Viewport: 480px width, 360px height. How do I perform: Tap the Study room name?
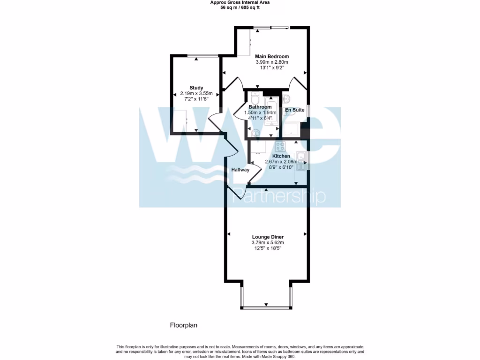coord(196,88)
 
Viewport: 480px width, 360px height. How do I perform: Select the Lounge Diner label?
coord(267,237)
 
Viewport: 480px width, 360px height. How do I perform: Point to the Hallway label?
coord(240,170)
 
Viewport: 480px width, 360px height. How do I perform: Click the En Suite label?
coord(294,110)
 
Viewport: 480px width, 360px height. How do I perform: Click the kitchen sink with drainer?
coord(302,160)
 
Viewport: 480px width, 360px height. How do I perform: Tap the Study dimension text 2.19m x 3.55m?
coord(196,93)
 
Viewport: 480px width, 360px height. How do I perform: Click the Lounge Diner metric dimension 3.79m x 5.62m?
coord(267,242)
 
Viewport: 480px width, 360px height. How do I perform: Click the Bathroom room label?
coord(260,107)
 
